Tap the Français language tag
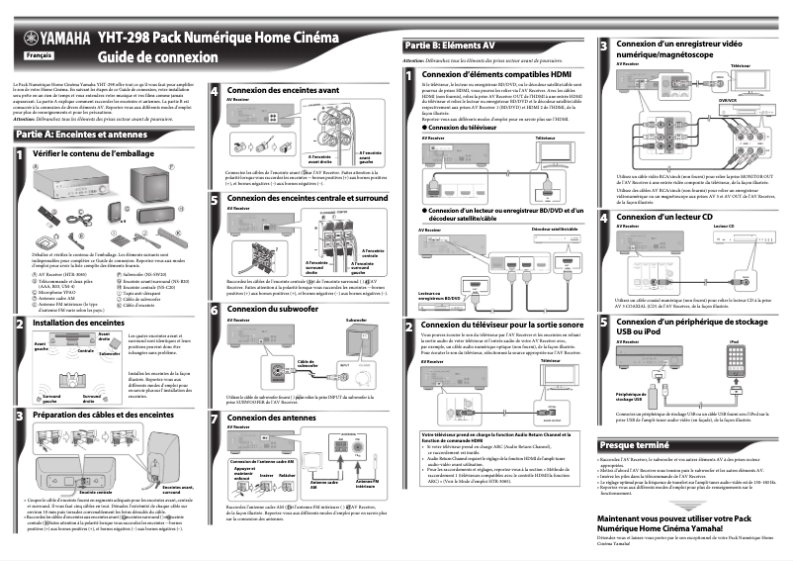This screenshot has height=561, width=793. click(x=38, y=56)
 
